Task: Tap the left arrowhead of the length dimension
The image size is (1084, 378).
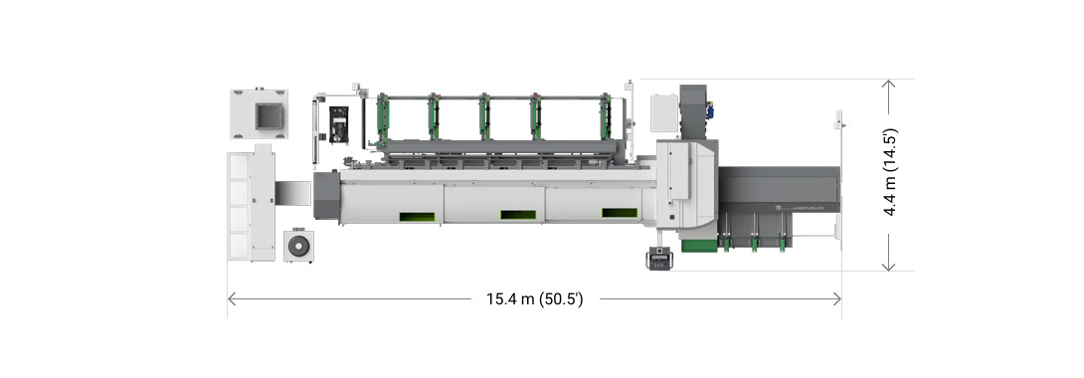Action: [231, 297]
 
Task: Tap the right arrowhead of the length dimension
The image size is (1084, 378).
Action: [839, 297]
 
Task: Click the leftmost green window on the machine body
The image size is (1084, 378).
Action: [419, 216]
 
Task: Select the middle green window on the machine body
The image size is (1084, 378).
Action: [518, 214]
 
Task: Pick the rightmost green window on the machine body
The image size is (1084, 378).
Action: [619, 212]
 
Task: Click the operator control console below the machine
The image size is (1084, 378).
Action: [658, 261]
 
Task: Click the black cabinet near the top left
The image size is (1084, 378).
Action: [340, 124]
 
